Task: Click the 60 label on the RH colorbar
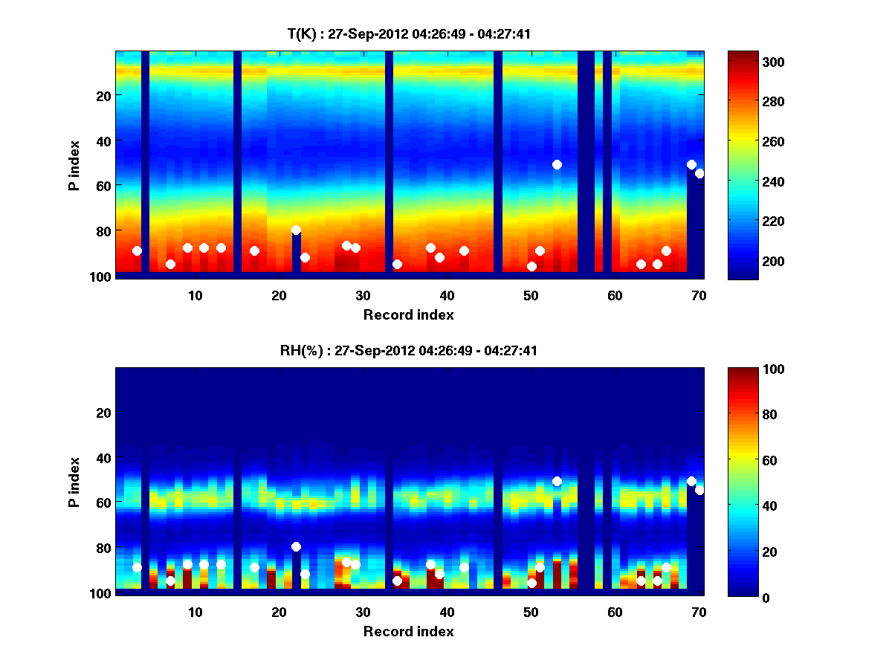coord(752,461)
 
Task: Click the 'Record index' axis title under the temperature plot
coord(408,314)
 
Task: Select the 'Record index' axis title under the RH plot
coord(408,631)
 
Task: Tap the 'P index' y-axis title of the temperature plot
coord(74,165)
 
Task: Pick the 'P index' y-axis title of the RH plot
coord(74,482)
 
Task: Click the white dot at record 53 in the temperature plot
coord(557,164)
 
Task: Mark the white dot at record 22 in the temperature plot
coord(296,230)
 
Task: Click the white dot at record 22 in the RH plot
coord(296,546)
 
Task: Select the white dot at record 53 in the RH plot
coord(557,481)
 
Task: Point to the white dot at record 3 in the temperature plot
coord(137,251)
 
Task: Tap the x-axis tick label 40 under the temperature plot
coord(447,295)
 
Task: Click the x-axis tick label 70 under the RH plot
coord(698,612)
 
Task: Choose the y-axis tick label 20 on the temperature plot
coord(103,96)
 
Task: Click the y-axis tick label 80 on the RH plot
coord(103,548)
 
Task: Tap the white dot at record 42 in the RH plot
coord(464,567)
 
